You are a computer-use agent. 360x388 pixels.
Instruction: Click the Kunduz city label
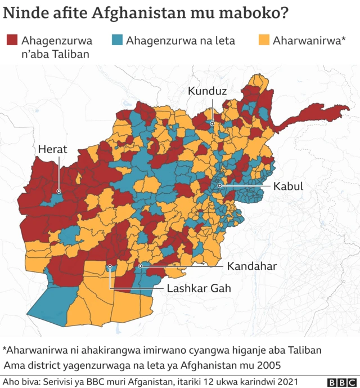pyautogui.click(x=208, y=90)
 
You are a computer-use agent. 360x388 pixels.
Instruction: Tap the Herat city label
pyautogui.click(x=53, y=149)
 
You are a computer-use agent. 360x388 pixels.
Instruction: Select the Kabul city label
pyautogui.click(x=289, y=186)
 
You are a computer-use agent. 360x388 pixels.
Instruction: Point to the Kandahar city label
pyautogui.click(x=252, y=266)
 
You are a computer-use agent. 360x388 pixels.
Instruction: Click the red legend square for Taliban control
pyautogui.click(x=11, y=40)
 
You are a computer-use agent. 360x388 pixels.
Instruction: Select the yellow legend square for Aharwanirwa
pyautogui.click(x=263, y=40)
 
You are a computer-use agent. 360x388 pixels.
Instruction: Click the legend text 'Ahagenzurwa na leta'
pyautogui.click(x=181, y=41)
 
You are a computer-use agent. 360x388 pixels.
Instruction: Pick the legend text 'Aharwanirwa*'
pyautogui.click(x=309, y=41)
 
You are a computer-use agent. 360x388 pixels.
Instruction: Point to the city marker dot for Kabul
pyautogui.click(x=220, y=185)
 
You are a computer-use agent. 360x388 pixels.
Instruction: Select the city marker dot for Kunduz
pyautogui.click(x=212, y=123)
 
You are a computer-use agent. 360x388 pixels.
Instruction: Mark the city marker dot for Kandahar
pyautogui.click(x=140, y=265)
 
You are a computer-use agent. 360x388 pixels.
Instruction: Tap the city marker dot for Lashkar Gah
pyautogui.click(x=110, y=266)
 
